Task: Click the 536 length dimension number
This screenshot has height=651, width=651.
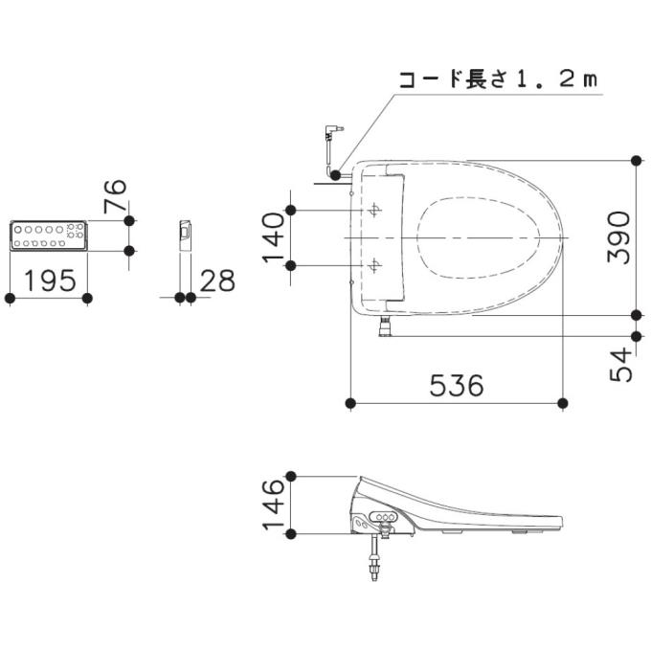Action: point(457,385)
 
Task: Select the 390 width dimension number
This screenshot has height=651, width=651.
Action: point(619,237)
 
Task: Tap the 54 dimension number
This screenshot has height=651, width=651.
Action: point(620,365)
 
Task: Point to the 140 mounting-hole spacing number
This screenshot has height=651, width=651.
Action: point(273,237)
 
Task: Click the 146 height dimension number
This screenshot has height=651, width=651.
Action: point(273,505)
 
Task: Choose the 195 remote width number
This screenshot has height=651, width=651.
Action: point(50,281)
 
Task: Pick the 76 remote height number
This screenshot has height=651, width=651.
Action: point(115,196)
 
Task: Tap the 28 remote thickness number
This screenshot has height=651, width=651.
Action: point(217,281)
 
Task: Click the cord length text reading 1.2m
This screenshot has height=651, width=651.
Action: point(557,79)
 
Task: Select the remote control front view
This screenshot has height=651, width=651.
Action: point(49,236)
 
